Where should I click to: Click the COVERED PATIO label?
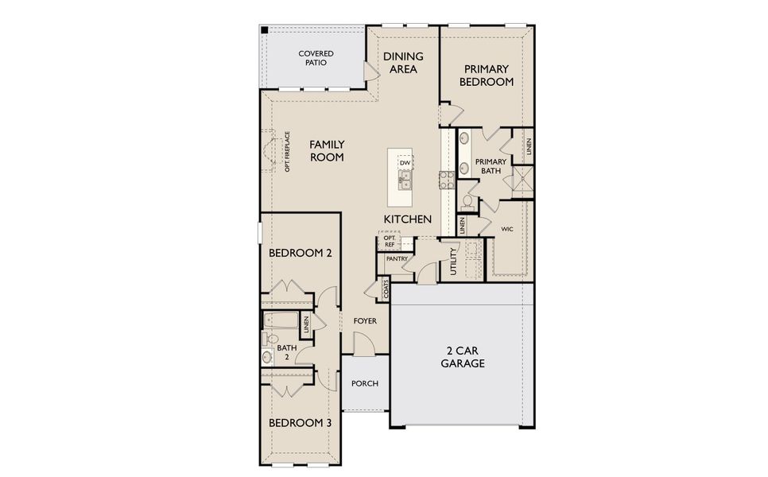coord(316,58)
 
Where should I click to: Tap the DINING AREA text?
coord(403,63)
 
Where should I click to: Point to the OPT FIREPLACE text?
coord(287,152)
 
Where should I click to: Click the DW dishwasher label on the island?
coord(405,163)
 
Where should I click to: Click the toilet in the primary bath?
coord(468,200)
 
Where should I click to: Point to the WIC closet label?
coord(506,228)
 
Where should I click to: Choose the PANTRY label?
coord(397,258)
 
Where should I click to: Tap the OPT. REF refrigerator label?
coord(389,241)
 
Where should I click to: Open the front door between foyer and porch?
coord(363,344)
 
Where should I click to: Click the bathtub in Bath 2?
coord(281,322)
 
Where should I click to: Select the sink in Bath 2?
coord(267,357)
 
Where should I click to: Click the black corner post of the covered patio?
coord(265,30)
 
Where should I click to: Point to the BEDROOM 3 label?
coord(299,423)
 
